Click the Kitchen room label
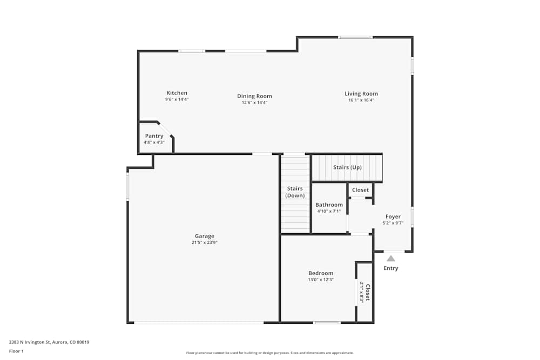(x=177, y=93)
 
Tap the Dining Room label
(x=254, y=96)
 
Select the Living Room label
(x=361, y=93)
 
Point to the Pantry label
(x=154, y=136)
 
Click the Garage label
(x=205, y=236)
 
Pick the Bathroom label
(x=329, y=205)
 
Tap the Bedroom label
(x=321, y=273)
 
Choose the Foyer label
(x=393, y=216)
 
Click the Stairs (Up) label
(x=347, y=167)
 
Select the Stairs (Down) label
(x=295, y=192)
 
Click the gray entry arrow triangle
(x=390, y=259)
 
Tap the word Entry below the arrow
(x=391, y=268)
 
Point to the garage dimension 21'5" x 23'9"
(x=205, y=243)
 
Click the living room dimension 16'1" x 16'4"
(x=361, y=100)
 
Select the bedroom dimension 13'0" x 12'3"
(x=321, y=280)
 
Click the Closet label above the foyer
(x=360, y=190)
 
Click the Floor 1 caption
(x=16, y=351)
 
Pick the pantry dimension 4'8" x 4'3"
(x=154, y=142)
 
